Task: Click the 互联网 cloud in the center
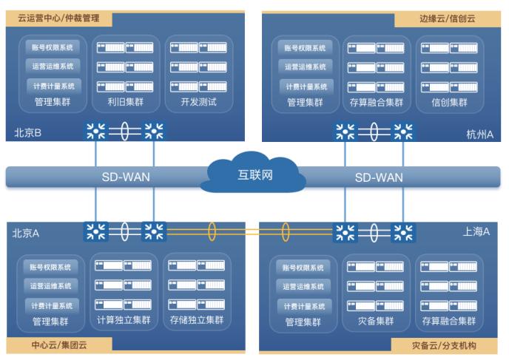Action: (x=254, y=175)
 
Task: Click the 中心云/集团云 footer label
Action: (x=58, y=344)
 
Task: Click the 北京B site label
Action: (x=27, y=134)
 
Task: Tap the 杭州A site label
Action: (x=479, y=134)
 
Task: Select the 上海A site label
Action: (x=476, y=231)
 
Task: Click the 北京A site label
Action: (x=26, y=233)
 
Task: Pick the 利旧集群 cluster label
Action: (x=124, y=102)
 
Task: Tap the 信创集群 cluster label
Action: (x=449, y=102)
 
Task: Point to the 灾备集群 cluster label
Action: (x=376, y=321)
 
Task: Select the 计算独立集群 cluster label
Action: (x=124, y=321)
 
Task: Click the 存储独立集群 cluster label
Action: (x=196, y=321)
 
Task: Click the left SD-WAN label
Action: (x=126, y=177)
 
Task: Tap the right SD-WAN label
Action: (x=379, y=177)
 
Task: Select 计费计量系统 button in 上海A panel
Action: (x=303, y=306)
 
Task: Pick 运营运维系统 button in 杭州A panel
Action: (x=305, y=67)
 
